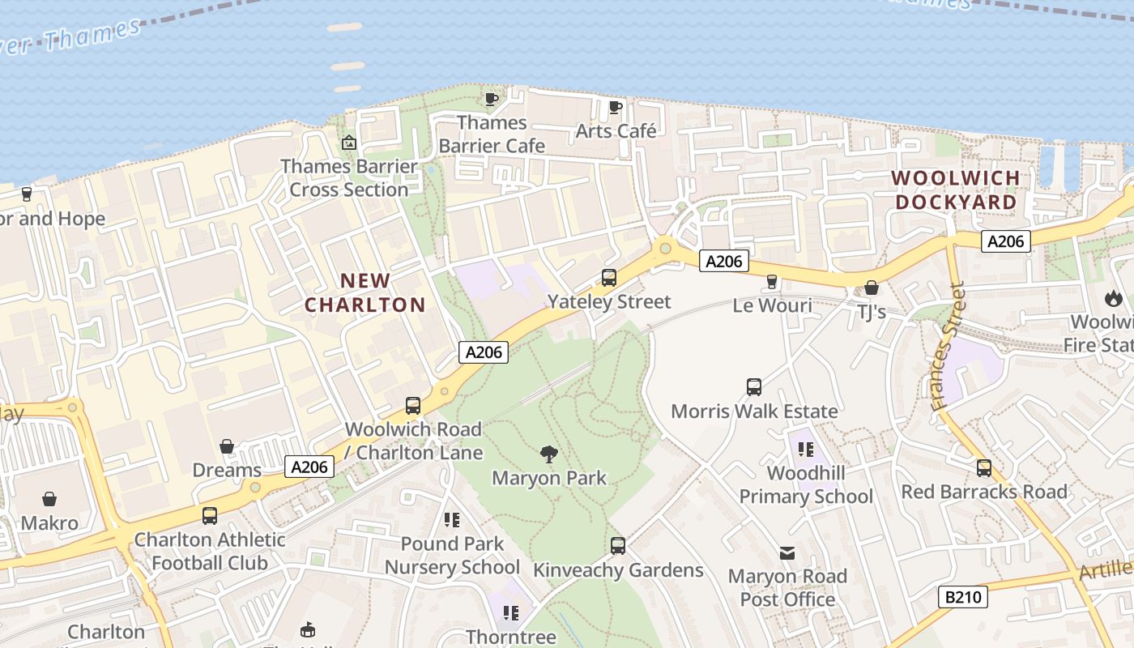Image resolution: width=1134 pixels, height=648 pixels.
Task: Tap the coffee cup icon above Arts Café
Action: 616,106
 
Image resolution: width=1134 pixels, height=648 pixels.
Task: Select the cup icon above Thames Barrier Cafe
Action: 491,99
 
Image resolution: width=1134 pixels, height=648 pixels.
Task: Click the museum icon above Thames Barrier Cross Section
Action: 349,143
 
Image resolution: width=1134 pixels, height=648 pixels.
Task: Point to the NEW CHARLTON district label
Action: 365,292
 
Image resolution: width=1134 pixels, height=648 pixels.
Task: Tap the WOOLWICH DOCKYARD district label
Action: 956,190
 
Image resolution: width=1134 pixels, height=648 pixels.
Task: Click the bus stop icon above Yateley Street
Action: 609,278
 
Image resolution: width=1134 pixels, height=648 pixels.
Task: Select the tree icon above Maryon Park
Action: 549,454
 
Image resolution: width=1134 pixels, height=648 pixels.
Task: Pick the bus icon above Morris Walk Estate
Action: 754,387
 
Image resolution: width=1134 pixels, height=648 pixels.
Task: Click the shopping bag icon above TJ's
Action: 872,288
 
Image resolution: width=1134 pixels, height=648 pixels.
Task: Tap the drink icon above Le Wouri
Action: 772,282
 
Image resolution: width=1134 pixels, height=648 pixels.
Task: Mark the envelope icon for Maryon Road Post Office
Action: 787,553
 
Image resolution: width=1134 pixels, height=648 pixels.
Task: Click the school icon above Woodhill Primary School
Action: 805,449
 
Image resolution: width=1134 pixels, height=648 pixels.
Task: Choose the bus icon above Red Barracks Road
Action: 984,468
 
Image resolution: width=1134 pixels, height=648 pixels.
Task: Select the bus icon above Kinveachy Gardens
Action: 618,546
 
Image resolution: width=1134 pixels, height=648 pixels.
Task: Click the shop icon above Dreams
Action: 227,446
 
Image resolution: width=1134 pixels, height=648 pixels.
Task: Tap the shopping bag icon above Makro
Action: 49,499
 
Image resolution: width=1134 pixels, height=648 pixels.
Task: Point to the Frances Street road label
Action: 949,346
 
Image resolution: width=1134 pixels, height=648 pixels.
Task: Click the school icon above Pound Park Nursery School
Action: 452,520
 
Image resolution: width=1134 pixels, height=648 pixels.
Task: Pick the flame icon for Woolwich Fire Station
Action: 1114,298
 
